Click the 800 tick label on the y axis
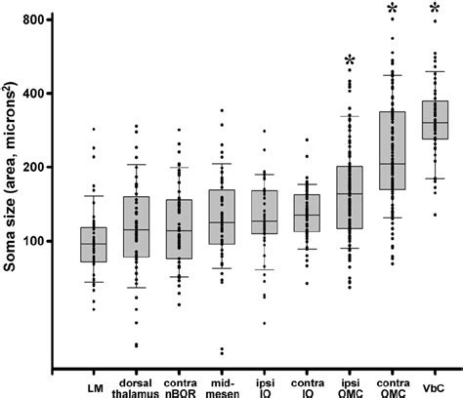click(x=40, y=20)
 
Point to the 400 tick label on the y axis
click(x=40, y=94)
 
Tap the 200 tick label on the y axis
click(x=40, y=167)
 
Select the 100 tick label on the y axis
click(x=40, y=241)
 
